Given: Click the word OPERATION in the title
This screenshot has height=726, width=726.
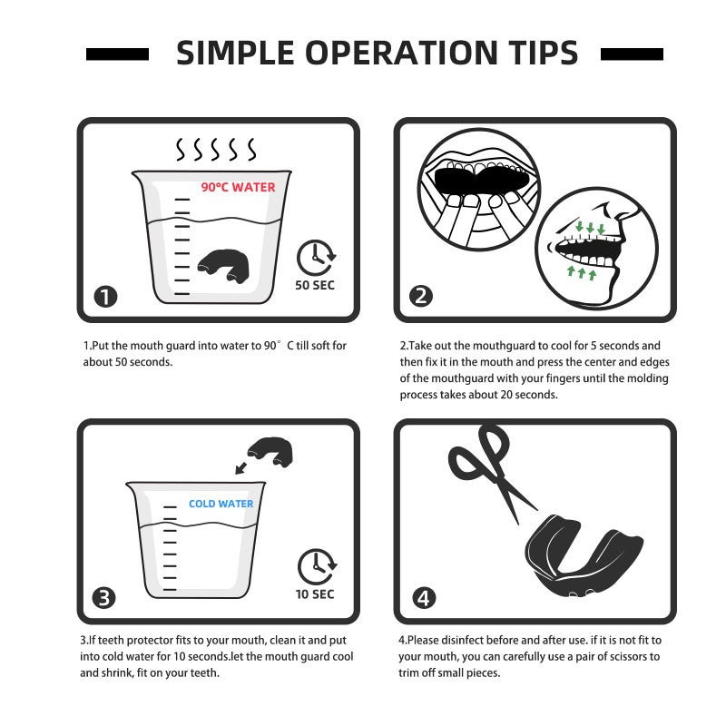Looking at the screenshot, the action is pos(402,53).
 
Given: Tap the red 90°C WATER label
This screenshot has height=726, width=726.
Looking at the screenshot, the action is pos(238,187).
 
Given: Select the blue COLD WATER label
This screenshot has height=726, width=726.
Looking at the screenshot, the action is pos(221,504).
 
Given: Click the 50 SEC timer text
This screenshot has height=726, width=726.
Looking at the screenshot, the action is pos(315,285).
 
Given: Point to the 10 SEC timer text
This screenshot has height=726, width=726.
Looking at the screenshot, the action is pos(315,594).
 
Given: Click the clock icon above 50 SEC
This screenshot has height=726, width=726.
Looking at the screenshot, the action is pos(316,258).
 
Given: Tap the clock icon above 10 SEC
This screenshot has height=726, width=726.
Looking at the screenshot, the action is pos(317,566).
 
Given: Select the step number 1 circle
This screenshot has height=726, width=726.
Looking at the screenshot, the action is pos(105,297).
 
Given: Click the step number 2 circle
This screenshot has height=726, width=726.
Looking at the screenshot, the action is pos(421,297).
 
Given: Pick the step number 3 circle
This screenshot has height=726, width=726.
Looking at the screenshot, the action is pos(103,598).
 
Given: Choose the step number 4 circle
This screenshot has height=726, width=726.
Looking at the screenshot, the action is pos(424,598).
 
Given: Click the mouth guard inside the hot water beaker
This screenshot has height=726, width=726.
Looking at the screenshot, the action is pos(223,266).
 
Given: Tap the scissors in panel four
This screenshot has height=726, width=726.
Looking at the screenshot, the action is pos(492,472).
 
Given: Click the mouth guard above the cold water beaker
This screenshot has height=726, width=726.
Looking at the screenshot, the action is pos(270,451).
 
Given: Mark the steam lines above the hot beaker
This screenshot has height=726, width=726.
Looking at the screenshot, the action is pos(216,149).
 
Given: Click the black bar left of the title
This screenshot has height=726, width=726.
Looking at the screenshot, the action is pos(118,54).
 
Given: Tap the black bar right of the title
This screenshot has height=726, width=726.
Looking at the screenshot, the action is pos(632,54).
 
